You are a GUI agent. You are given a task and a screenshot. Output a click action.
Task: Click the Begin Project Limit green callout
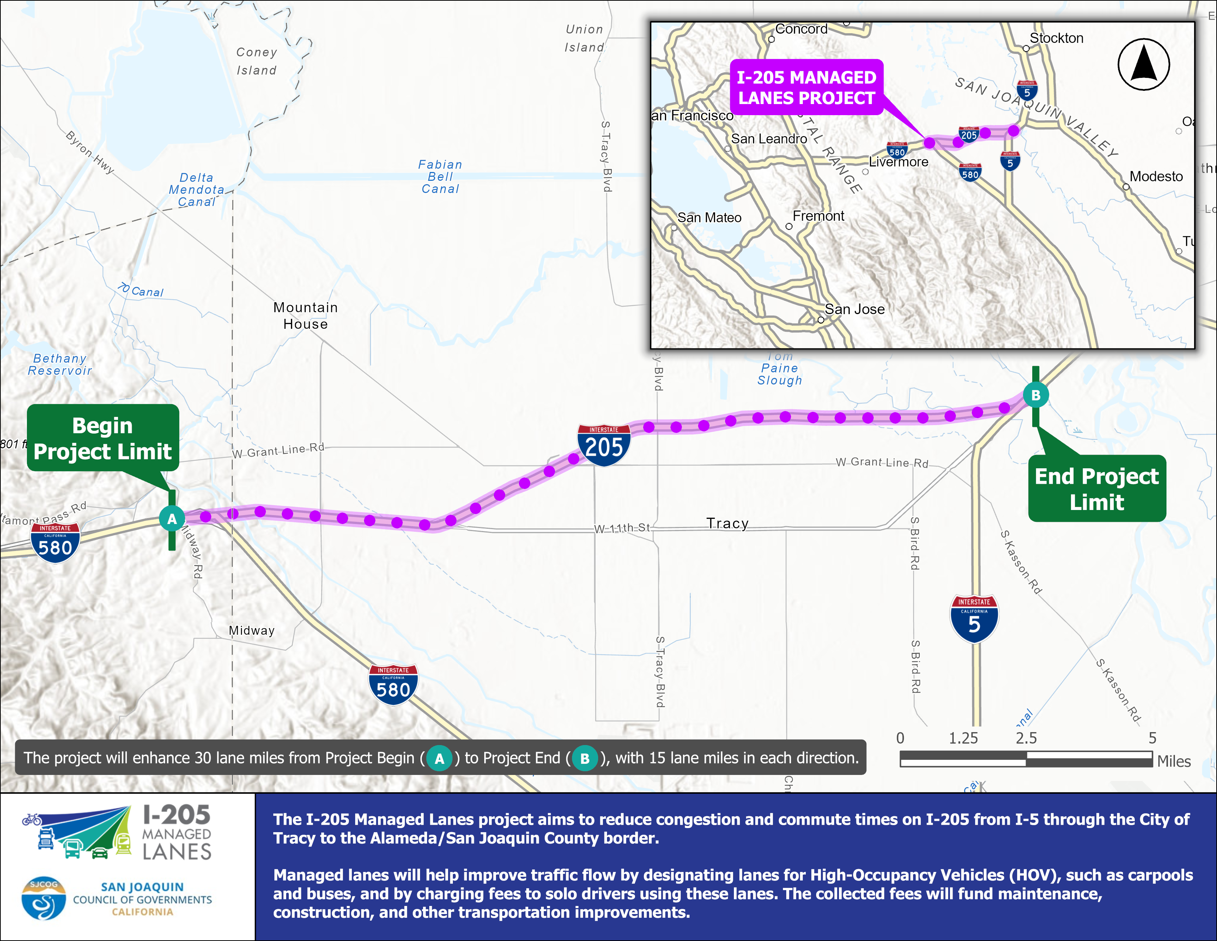103,438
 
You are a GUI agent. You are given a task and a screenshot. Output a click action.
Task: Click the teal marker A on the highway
171,519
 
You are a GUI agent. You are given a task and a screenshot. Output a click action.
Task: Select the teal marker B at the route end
1035,395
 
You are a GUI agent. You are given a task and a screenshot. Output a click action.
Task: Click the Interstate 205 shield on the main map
604,445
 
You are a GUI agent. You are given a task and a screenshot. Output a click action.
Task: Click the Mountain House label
305,316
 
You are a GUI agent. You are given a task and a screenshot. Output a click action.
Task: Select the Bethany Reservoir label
60,365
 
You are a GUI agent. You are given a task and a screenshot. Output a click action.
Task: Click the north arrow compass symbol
1144,65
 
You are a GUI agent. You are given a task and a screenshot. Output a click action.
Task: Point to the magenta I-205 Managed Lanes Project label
806,87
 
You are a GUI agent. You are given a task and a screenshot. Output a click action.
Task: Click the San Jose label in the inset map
854,309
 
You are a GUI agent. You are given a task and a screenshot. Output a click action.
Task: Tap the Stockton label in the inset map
1056,38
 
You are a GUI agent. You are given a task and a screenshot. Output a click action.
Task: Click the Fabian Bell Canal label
440,177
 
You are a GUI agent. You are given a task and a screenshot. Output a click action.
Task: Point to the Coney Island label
256,61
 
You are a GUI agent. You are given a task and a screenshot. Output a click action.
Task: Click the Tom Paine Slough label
780,369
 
